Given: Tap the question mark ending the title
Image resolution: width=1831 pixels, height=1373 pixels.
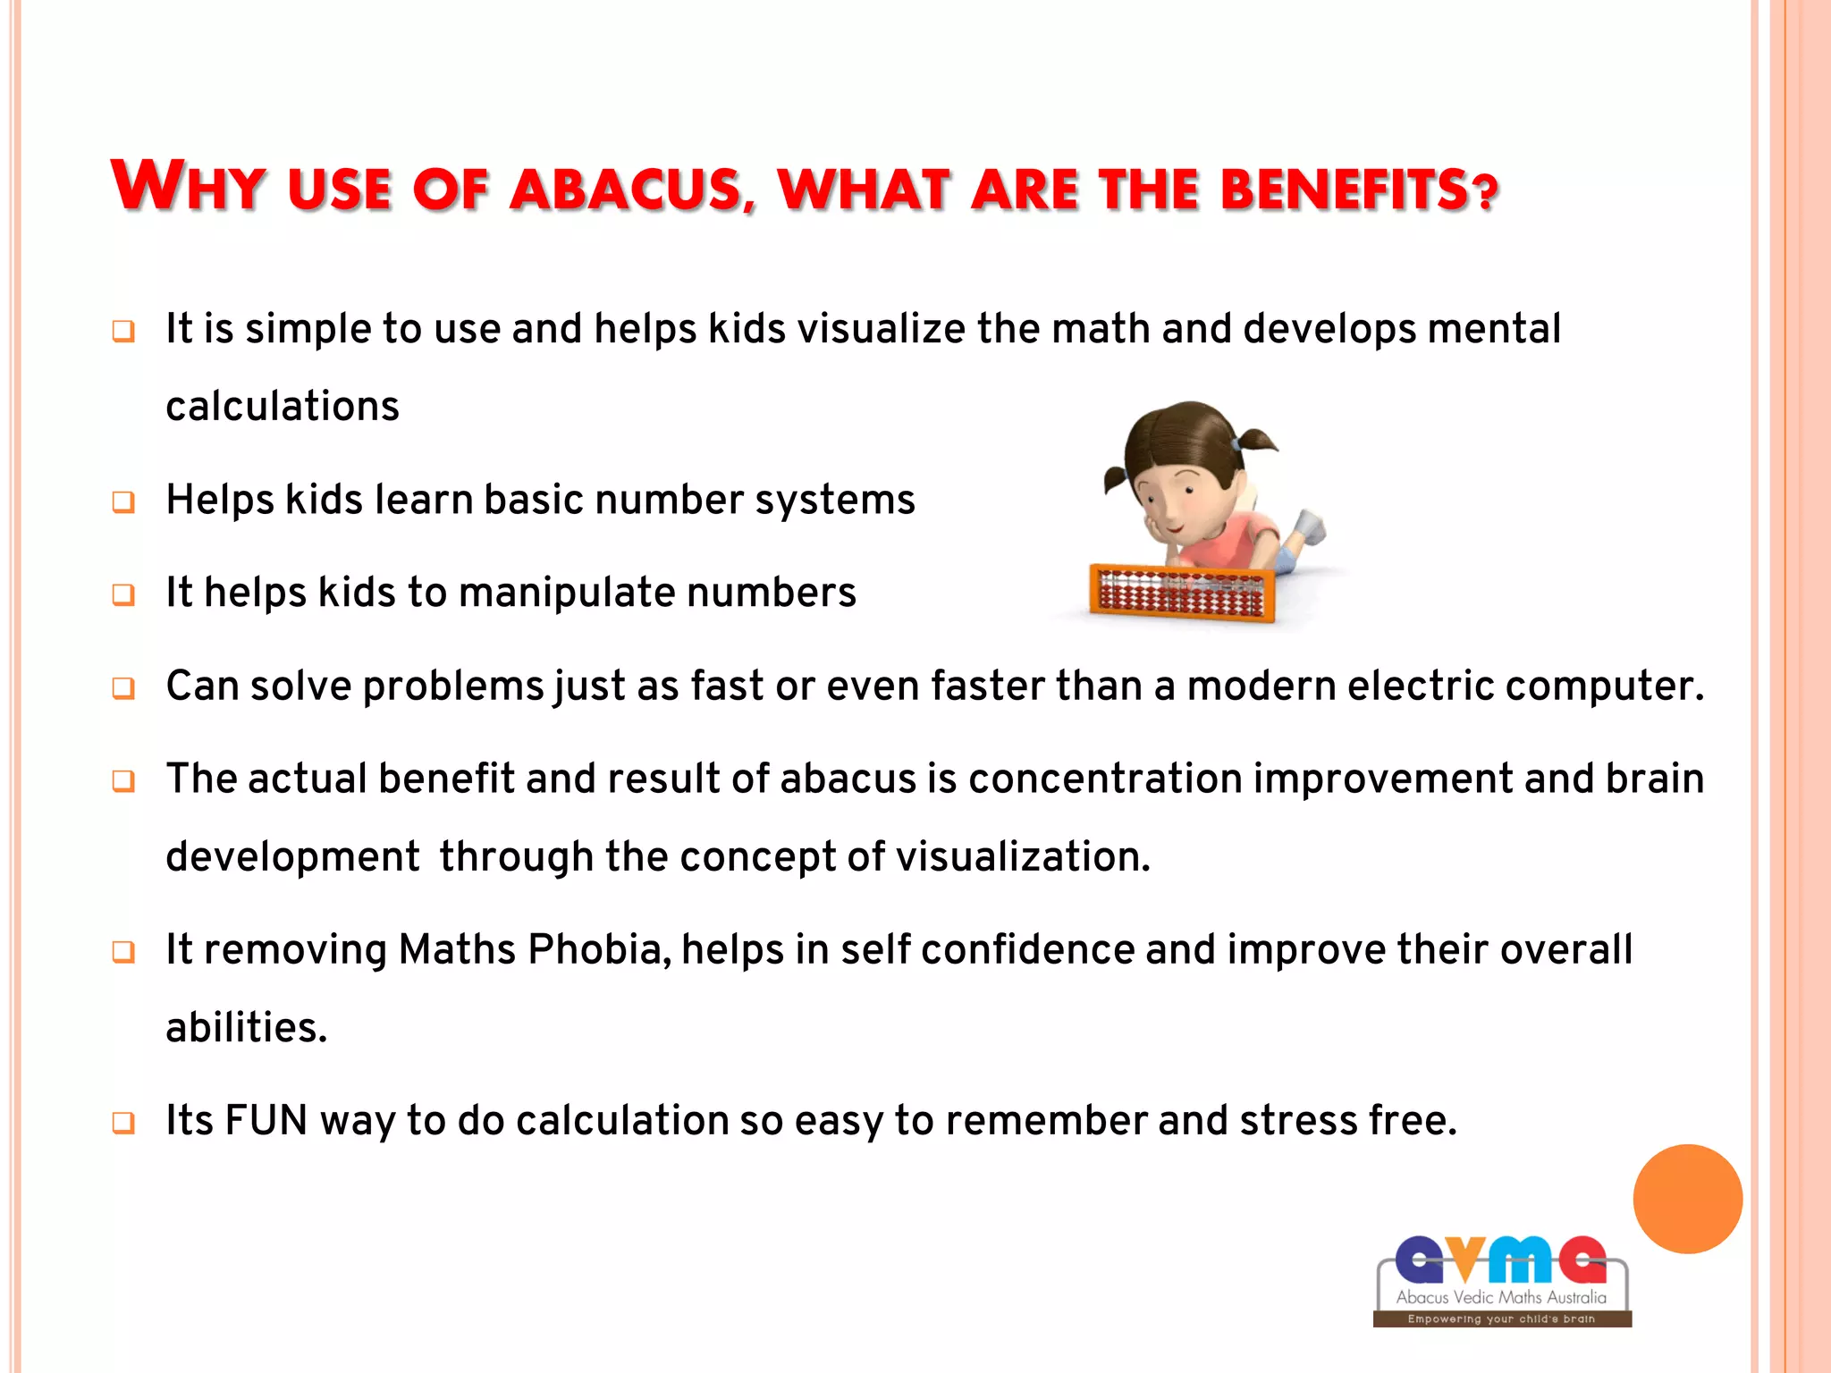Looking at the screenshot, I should click(1485, 191).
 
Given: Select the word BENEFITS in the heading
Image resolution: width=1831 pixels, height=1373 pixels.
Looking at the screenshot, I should click(1344, 190).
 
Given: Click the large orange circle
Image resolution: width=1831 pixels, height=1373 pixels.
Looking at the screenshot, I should click(1687, 1199).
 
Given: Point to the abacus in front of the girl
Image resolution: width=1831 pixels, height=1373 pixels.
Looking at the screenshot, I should click(1181, 593).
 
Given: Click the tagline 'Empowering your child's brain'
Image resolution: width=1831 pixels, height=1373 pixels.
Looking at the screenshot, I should click(1501, 1318).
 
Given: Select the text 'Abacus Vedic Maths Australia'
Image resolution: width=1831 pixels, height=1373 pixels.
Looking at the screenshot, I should click(1501, 1297).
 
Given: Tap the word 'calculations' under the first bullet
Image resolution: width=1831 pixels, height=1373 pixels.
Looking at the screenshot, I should click(283, 406).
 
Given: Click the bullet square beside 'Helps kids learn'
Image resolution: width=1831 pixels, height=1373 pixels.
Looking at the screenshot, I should click(123, 502).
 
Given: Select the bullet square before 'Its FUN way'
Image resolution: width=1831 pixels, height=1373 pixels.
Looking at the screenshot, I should click(123, 1123).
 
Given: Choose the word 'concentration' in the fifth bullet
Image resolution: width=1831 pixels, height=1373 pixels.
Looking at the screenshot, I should click(1105, 779).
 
